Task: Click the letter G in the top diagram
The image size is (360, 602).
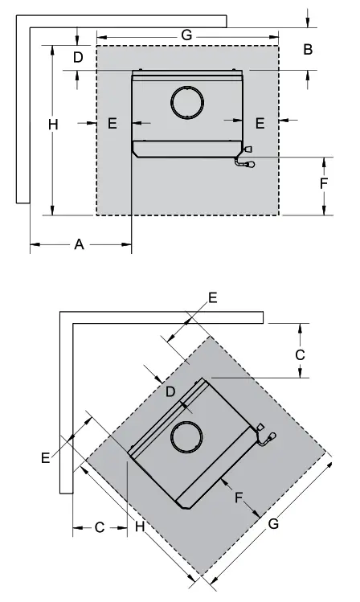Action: [x=186, y=35]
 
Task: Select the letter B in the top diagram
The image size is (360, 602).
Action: [x=308, y=50]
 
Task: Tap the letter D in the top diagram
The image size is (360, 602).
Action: [x=78, y=58]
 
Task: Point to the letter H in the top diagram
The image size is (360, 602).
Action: [x=53, y=125]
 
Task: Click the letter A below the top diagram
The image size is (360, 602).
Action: [x=79, y=244]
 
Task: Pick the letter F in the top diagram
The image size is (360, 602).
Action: [x=324, y=183]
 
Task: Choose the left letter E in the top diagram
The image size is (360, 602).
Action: [x=112, y=123]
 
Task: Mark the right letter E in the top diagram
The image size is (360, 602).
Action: [x=260, y=123]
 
